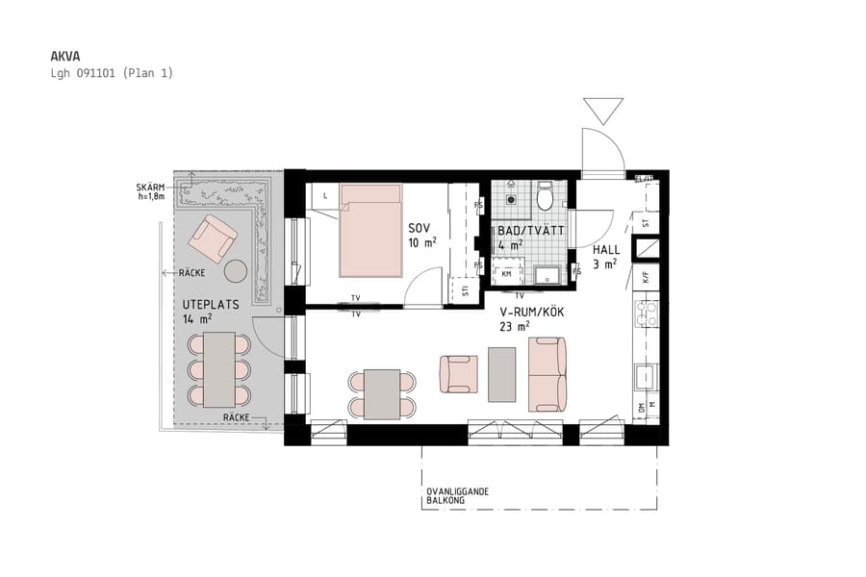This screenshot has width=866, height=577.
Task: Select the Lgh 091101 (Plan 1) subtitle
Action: (111, 73)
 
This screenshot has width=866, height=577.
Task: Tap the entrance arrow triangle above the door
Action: (603, 111)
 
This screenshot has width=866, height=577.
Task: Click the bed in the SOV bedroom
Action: (369, 230)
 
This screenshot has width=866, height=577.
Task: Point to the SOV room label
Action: (419, 230)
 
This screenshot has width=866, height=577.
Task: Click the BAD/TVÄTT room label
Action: (529, 231)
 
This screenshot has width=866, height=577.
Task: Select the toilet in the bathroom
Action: (545, 197)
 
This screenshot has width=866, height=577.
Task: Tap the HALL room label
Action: (606, 249)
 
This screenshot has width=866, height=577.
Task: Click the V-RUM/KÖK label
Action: (531, 314)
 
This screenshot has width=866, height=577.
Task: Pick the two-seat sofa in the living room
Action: (547, 373)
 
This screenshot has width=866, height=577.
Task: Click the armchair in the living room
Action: (458, 373)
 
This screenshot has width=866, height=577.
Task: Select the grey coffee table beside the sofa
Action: (501, 373)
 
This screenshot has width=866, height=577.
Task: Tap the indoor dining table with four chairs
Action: (382, 393)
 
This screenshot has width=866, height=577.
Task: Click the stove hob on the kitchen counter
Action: (646, 313)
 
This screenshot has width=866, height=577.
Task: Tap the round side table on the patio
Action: (236, 271)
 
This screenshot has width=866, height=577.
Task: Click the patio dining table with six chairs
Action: (218, 369)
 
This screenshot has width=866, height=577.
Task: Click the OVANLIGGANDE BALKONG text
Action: (457, 496)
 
